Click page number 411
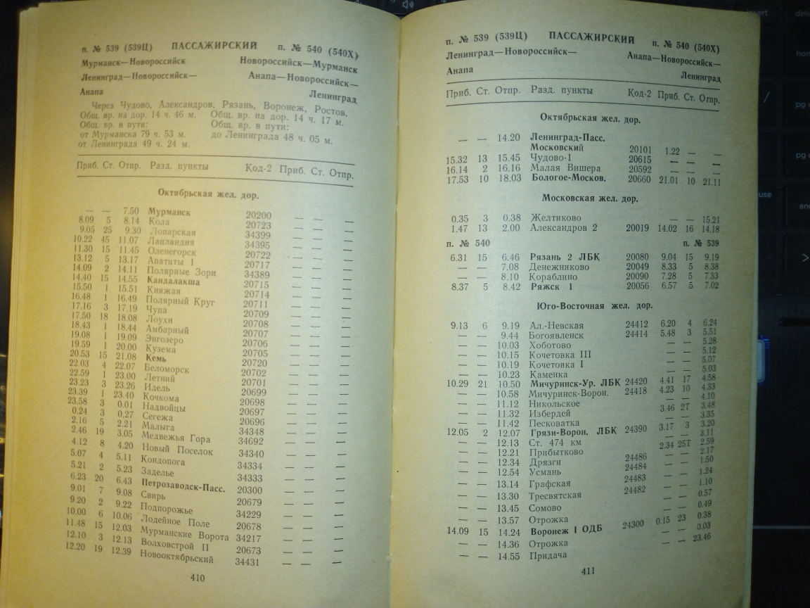tap(588, 570)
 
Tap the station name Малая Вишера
tap(565, 168)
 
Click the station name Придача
tap(549, 556)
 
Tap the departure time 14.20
tap(508, 138)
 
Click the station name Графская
tap(551, 483)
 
